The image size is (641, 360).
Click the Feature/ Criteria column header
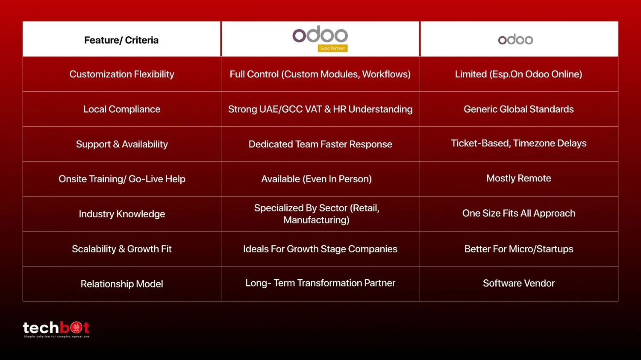click(x=121, y=40)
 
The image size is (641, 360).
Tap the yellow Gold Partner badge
click(x=332, y=48)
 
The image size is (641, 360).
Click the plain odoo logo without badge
click(x=515, y=39)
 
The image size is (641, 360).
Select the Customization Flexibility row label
click(x=122, y=74)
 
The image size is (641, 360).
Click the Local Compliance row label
click(x=122, y=109)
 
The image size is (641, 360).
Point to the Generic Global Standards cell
click(x=518, y=109)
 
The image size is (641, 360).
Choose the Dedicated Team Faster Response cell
click(x=320, y=144)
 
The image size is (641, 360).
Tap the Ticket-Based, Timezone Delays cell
click(x=518, y=143)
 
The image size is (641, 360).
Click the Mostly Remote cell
click(x=518, y=178)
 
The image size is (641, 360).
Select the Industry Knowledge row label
click(x=122, y=214)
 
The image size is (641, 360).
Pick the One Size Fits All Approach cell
click(x=518, y=214)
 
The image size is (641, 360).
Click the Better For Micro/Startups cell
click(x=518, y=249)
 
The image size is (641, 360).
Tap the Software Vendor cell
click(x=518, y=283)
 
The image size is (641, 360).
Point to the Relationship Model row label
click(x=122, y=284)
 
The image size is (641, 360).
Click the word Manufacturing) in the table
click(x=316, y=220)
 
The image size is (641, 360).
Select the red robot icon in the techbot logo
click(x=76, y=328)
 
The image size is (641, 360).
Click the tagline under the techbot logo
click(x=57, y=337)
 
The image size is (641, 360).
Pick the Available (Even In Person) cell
click(x=316, y=179)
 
